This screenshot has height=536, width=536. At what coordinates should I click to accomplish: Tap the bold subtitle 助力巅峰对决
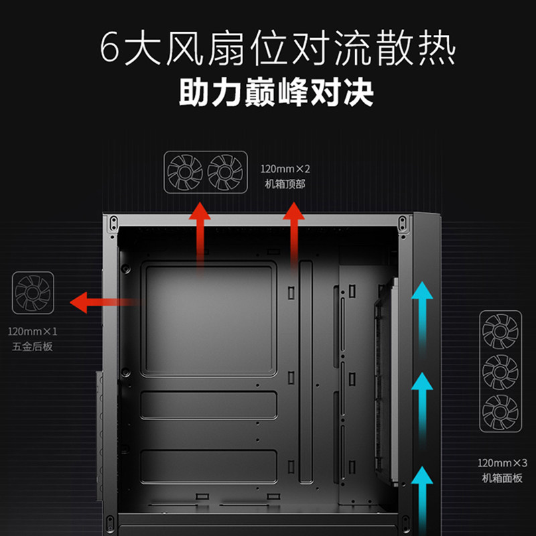[x=275, y=92]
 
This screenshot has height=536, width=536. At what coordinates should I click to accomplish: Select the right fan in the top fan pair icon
[x=225, y=173]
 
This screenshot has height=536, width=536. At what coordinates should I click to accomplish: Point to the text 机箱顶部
[x=285, y=183]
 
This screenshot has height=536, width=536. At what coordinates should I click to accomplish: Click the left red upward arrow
[x=200, y=234]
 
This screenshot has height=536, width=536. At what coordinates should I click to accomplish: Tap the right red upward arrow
[x=293, y=234]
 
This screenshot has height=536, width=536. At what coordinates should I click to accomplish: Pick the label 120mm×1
[x=33, y=331]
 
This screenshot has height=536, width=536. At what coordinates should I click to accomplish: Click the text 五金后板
[x=32, y=346]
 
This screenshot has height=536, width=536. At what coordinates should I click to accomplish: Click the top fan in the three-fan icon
[x=500, y=331]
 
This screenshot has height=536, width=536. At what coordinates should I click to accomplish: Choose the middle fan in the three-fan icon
[x=500, y=372]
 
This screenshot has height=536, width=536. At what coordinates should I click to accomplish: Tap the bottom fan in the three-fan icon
[x=500, y=412]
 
